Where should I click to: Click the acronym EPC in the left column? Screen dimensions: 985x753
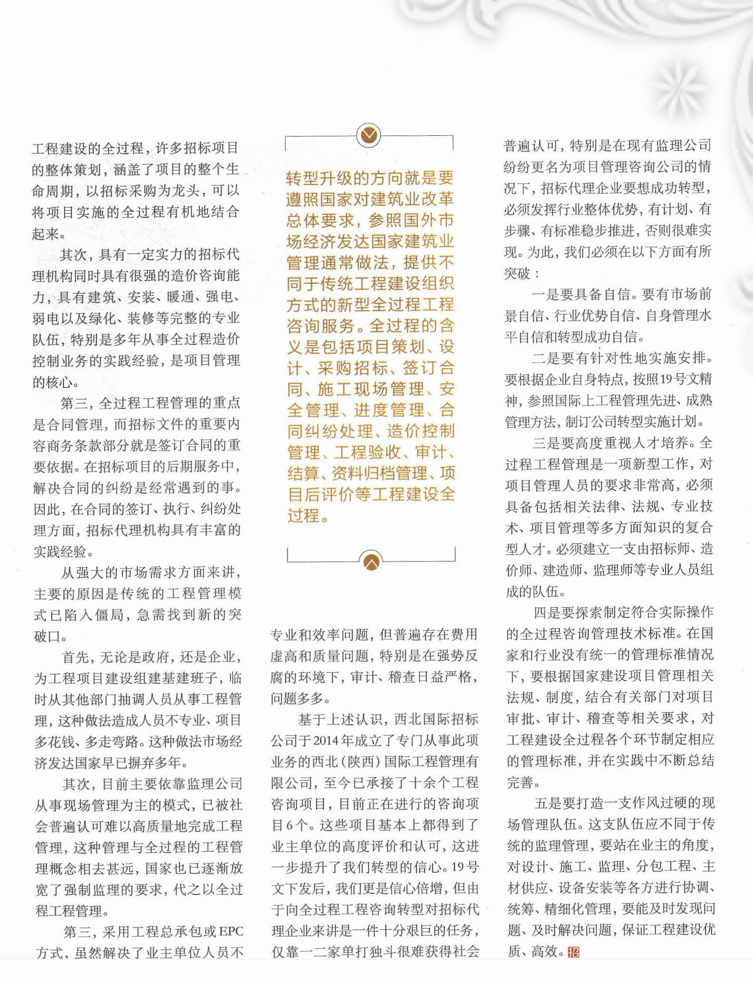[231, 931]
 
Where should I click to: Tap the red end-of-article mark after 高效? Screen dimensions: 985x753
[574, 952]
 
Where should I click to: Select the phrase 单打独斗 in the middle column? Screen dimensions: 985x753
[363, 952]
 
